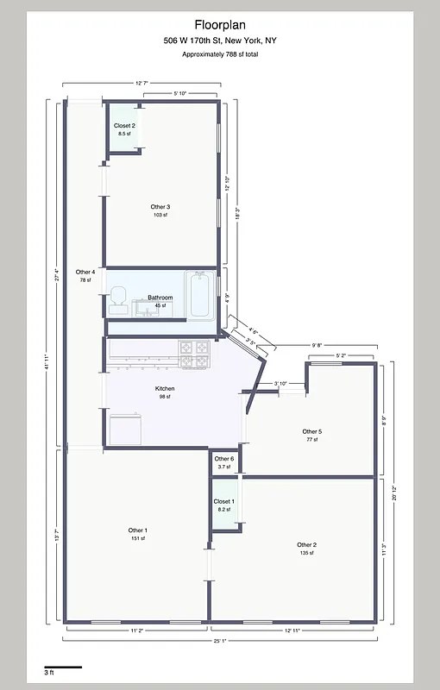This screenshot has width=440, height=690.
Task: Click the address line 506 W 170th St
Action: coord(220,41)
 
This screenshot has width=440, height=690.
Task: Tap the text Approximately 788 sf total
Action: coord(220,54)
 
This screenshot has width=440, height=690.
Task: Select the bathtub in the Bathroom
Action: coord(199,293)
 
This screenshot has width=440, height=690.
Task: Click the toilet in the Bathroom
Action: coord(118,298)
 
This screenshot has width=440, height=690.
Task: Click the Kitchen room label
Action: coord(164,389)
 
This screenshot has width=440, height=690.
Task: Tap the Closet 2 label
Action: coord(124,126)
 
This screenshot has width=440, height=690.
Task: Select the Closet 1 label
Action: coord(223,501)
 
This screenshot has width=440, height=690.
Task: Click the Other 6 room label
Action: coord(223,459)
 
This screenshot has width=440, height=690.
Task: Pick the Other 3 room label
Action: coord(160,207)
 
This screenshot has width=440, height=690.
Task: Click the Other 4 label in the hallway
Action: coord(85,272)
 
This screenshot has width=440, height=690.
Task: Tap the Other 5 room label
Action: coord(311,431)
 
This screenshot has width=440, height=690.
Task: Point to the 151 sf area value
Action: coord(137,538)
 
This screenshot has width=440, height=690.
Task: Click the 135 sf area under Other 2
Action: coord(306,553)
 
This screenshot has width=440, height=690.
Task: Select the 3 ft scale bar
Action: coord(62,667)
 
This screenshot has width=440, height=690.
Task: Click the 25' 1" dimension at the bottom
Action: coord(221,641)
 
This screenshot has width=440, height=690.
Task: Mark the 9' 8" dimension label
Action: coord(317,345)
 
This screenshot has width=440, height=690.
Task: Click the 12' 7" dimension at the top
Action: coord(141,83)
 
